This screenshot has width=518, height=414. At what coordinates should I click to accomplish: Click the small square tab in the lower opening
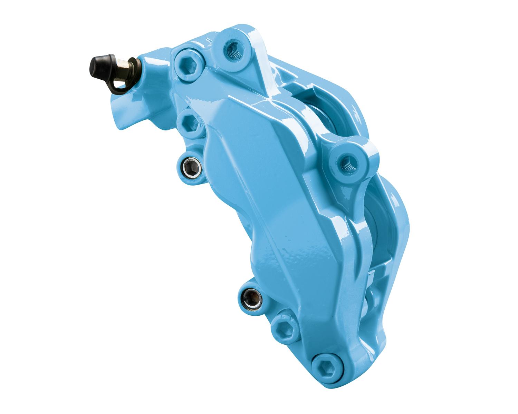(x=371, y=276)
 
